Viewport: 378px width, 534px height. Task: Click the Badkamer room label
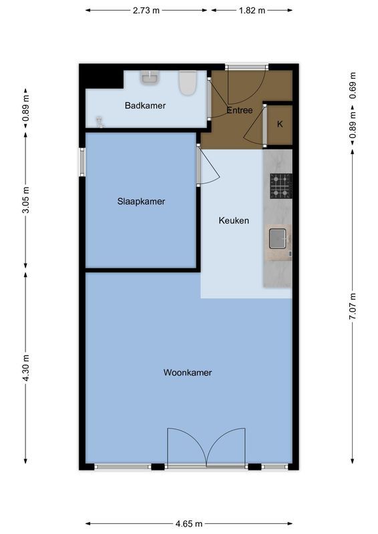coord(145,105)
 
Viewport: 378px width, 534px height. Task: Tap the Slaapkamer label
coord(141,201)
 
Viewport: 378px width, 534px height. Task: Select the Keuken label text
coord(234,220)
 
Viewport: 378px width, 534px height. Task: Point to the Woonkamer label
coord(188,372)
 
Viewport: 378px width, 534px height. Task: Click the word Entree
coord(240,110)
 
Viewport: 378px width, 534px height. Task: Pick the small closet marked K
coord(280,124)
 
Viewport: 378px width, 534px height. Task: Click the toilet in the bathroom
coord(188,83)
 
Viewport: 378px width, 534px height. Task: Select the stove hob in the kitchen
coord(280,186)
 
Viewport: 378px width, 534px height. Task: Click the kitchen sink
coord(278,237)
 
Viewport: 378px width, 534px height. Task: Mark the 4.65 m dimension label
coord(189,524)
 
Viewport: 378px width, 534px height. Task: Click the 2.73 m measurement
coord(146,10)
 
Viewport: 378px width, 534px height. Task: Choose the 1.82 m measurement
coord(252,10)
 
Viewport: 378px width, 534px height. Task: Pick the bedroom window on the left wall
coord(83,162)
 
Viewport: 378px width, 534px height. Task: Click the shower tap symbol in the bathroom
coord(101,121)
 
